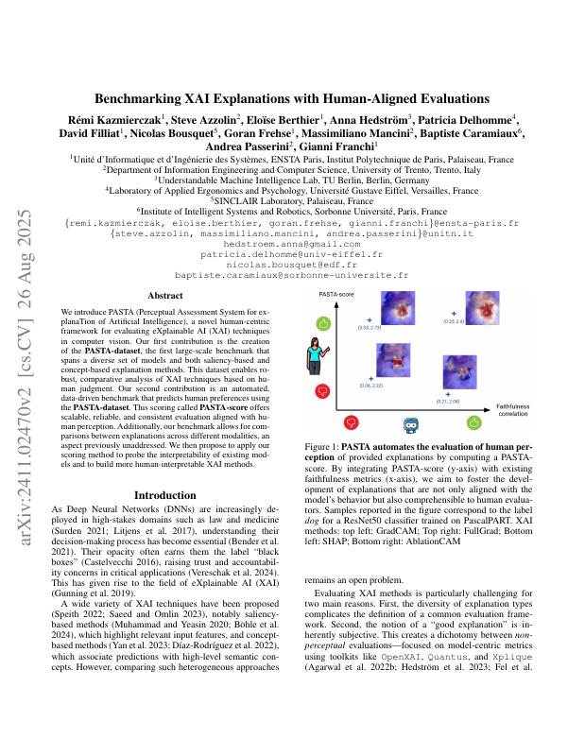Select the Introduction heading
pyautogui.click(x=166, y=495)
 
